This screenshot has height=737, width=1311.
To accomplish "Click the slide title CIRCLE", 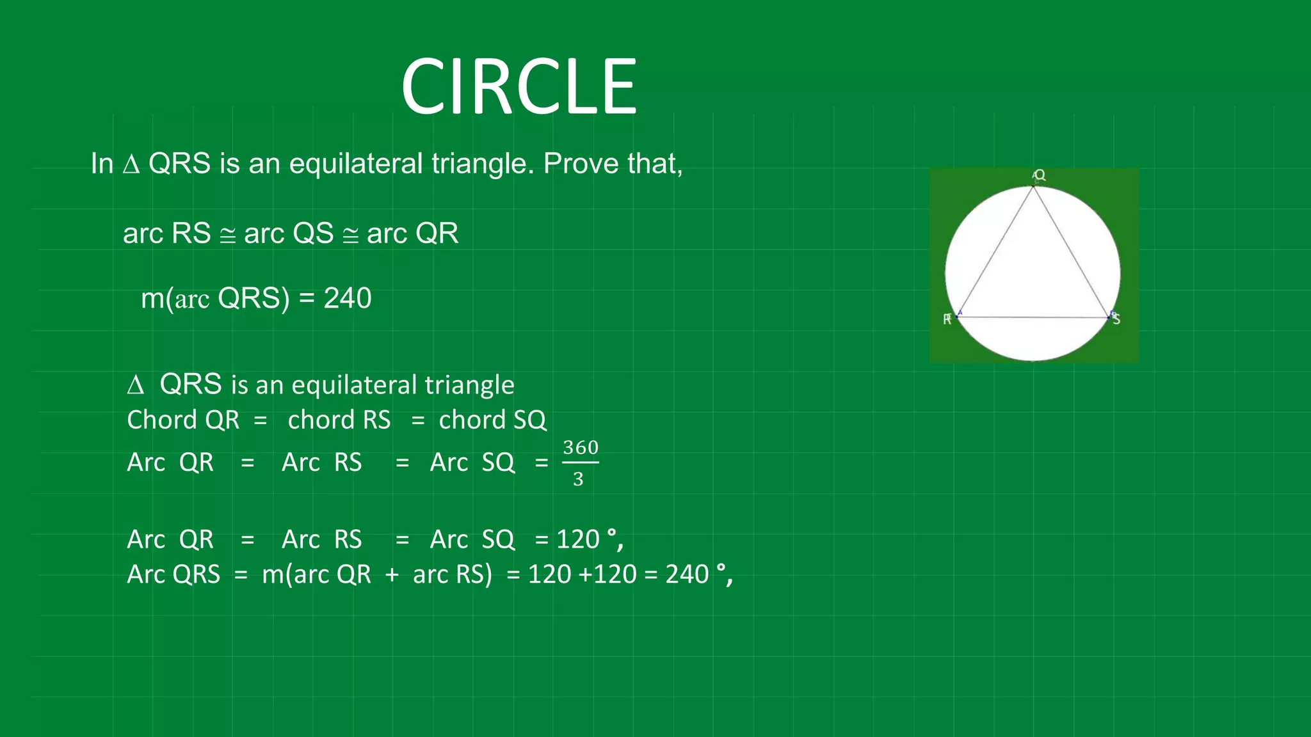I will coord(519,87).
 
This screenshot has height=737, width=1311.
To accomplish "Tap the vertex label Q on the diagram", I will coord(1040,175).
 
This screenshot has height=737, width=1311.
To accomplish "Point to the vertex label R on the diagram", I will coord(947,319).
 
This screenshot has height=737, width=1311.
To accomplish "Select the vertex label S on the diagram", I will coord(1116,319).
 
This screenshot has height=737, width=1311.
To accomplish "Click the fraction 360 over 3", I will coord(580,463).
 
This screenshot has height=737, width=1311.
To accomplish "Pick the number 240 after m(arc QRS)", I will coord(348,298).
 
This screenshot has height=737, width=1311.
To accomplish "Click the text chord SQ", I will coord(492,420).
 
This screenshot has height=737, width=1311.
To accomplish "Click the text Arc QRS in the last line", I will coord(173,575).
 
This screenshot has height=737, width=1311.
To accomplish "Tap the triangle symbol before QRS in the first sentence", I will coord(131,164).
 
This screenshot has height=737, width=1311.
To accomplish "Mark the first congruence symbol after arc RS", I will coord(227,235).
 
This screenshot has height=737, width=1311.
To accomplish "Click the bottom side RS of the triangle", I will coord(1033,317).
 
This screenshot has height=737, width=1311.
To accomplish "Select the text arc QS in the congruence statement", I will coord(289,234).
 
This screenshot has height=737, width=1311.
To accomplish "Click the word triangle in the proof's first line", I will coord(469,385).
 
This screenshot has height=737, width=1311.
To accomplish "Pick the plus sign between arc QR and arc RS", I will coord(392,575).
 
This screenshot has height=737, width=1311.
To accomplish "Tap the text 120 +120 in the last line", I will coord(582,575).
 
